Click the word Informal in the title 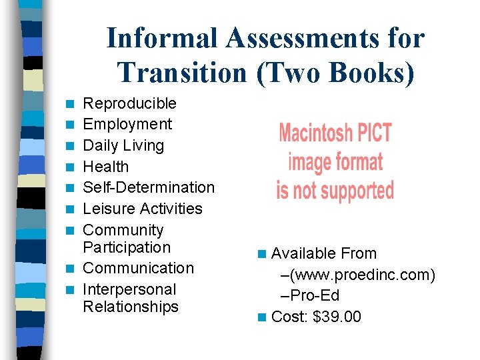point(162,38)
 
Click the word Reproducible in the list point(129,103)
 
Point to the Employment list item point(127,124)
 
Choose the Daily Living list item point(123,145)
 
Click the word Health point(105,167)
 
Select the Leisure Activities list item point(142,209)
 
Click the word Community point(123,230)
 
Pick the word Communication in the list point(138,268)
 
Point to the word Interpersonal point(129,289)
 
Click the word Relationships point(131,307)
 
